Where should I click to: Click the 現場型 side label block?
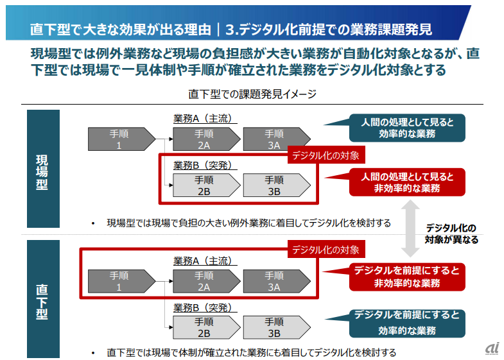[x=42, y=169]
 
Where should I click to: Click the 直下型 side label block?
[x=42, y=298]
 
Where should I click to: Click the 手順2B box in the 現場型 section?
[x=204, y=185]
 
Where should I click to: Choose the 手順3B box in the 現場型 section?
[x=274, y=185]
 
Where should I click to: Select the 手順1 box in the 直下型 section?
[x=121, y=281]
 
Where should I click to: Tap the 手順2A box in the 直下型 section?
[x=204, y=281]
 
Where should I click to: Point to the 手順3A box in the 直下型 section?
[x=274, y=281]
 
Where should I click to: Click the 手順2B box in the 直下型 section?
[x=204, y=328]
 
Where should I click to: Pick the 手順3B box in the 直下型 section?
[x=274, y=328]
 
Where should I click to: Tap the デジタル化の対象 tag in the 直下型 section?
[x=329, y=249]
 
